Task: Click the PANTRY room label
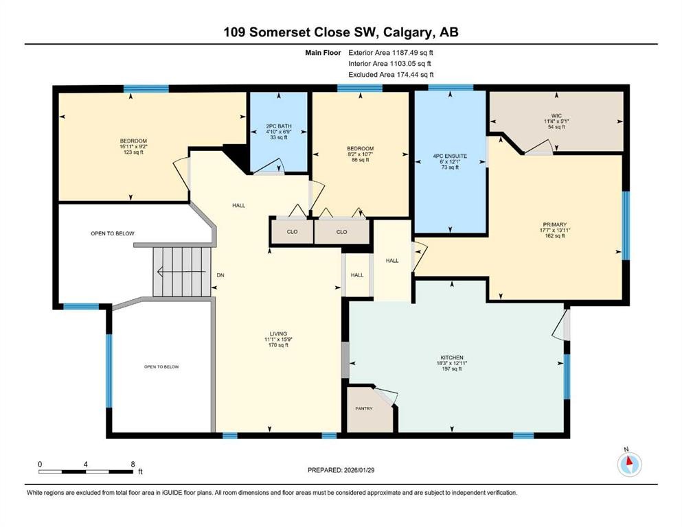point(363,409)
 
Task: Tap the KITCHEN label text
point(452,358)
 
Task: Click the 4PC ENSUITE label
point(450,156)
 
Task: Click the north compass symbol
point(629,464)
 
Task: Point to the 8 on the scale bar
point(133,464)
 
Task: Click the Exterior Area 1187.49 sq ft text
point(390,52)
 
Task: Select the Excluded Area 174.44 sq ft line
point(390,75)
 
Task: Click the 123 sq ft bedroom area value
point(134,152)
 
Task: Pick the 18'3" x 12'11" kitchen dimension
point(452,363)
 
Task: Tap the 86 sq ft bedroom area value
point(360,160)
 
